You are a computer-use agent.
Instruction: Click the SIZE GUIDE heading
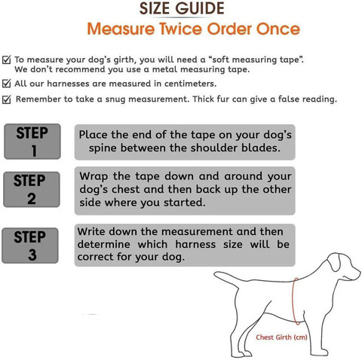[x=182, y=8]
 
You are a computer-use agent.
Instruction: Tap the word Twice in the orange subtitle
[x=181, y=29]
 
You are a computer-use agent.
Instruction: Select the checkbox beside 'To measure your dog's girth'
[x=7, y=60]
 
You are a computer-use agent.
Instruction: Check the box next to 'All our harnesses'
[x=7, y=84]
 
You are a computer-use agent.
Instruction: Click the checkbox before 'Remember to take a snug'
[x=7, y=99]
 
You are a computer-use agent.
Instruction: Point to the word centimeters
[x=190, y=84]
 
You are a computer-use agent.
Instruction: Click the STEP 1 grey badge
[x=32, y=142]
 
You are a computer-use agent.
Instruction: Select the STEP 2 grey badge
[x=32, y=189]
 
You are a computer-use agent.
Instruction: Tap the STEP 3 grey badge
[x=30, y=246]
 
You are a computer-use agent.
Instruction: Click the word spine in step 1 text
[x=103, y=148]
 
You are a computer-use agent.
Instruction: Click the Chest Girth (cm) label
[x=281, y=337]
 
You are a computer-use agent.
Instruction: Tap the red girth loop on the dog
[x=293, y=301]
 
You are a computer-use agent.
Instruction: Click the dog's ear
[x=334, y=263]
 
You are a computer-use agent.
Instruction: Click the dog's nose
[x=359, y=273]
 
